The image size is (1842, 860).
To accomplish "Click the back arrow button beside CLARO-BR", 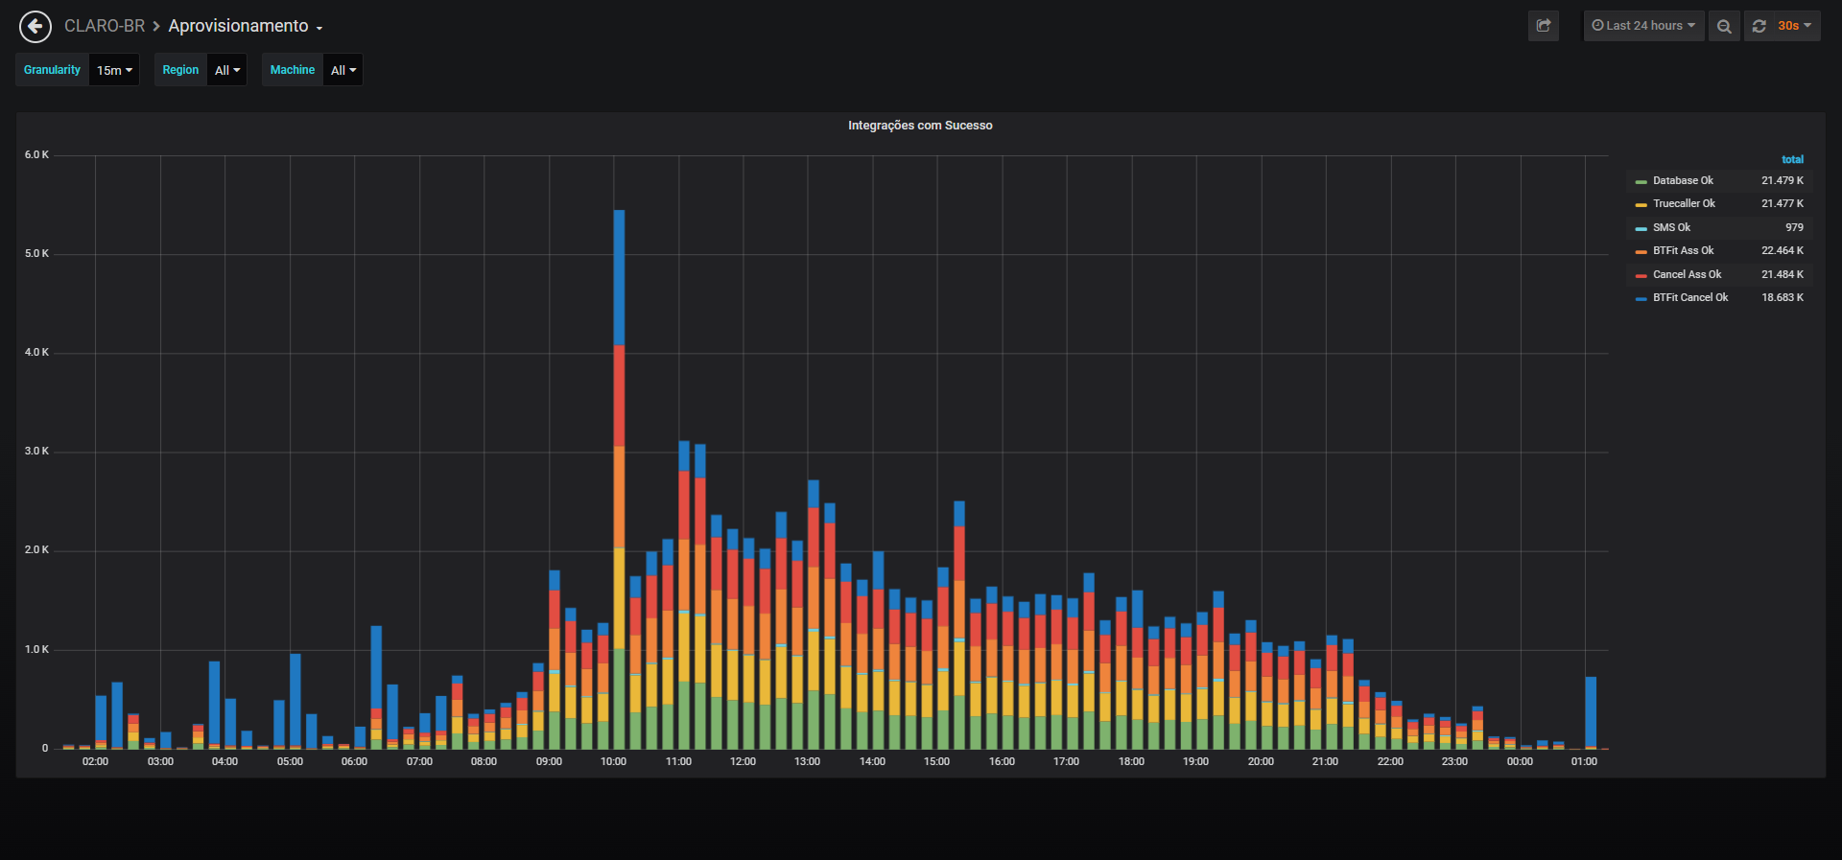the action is [35, 26].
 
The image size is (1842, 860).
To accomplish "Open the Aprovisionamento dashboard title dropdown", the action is [246, 26].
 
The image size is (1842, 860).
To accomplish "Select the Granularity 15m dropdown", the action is [114, 70].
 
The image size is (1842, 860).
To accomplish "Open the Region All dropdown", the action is [227, 70].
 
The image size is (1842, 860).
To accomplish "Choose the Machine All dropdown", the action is [342, 70].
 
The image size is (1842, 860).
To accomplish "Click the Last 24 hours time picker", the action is [1643, 26].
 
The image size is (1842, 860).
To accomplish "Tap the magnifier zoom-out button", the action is [1724, 26].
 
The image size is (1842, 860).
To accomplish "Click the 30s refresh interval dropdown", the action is [1793, 26].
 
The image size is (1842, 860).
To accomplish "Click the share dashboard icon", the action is [1544, 26].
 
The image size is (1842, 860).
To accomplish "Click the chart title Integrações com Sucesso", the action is [920, 126].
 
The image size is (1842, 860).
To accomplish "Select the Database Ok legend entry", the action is [1683, 180].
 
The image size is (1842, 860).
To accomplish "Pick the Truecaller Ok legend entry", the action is [1684, 203].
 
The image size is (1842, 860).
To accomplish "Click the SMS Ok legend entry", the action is [1671, 227].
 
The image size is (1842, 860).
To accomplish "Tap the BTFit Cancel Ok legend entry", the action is [1690, 297].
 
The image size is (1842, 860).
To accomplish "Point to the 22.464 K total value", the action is [1783, 250].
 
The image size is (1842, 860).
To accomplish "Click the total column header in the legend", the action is [1792, 159].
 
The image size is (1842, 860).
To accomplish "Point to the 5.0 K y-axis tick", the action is [36, 253].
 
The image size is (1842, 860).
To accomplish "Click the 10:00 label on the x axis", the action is [614, 761].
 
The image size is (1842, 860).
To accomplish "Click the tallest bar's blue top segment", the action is [619, 277].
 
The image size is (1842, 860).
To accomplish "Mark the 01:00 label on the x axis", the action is [1584, 761].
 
